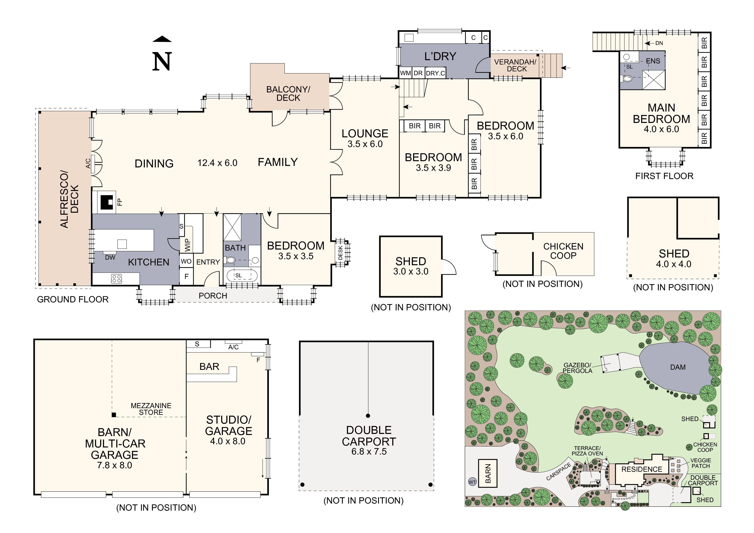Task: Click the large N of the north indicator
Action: (x=162, y=62)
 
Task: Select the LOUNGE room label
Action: (x=365, y=134)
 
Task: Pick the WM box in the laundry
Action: (x=405, y=73)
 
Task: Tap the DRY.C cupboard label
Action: (x=435, y=73)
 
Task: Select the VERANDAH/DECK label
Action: (x=515, y=65)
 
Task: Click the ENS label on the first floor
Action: (x=653, y=61)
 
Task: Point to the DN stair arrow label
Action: (x=659, y=43)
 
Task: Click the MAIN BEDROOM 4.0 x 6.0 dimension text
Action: (x=661, y=129)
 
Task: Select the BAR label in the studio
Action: (x=209, y=366)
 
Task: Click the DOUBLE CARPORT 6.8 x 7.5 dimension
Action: (x=369, y=452)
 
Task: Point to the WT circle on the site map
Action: (x=472, y=482)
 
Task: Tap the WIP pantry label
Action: (x=187, y=245)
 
